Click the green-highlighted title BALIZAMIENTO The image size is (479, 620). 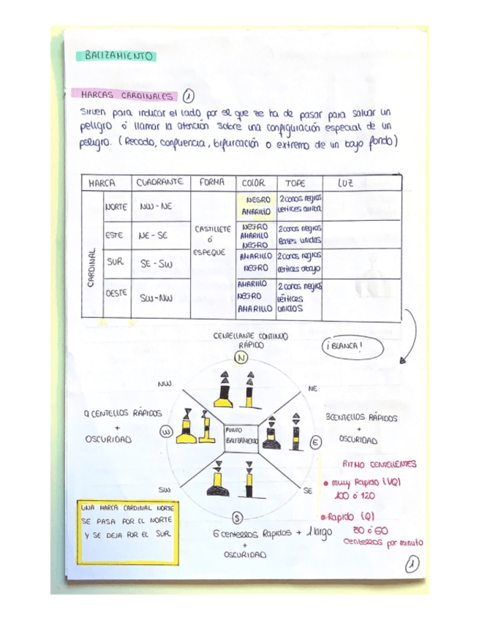coord(118,55)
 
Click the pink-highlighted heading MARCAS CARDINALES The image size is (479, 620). coord(128,96)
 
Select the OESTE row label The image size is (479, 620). coord(117,292)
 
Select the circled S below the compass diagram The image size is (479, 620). coord(238,518)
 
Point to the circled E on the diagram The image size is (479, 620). coord(316,443)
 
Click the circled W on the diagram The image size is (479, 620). coord(166,431)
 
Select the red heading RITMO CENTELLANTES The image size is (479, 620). coord(379,464)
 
